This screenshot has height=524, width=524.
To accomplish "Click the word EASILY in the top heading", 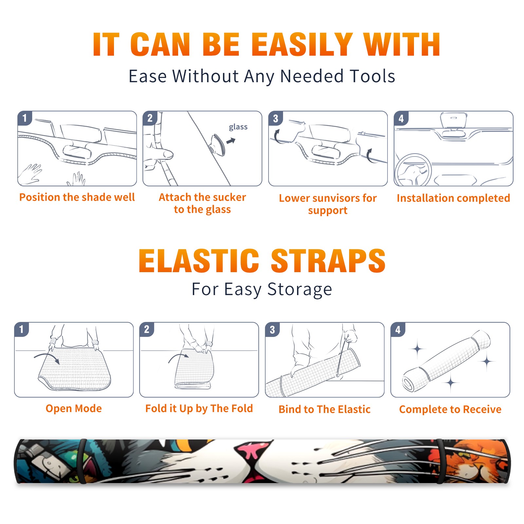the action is (301, 45).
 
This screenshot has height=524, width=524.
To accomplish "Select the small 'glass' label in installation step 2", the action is (238, 127).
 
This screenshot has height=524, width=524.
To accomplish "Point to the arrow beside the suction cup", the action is (231, 141).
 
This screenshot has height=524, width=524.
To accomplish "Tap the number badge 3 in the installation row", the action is (275, 118).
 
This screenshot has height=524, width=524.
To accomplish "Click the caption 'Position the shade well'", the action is (77, 197).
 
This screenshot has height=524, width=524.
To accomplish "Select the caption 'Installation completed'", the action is (453, 198).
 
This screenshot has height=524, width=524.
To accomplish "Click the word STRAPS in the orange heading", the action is (328, 261).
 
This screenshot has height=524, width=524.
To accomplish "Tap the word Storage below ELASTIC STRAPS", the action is (300, 290).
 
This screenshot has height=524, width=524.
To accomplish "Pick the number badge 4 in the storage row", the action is (398, 329).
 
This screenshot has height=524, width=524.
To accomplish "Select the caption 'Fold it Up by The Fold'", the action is (199, 408).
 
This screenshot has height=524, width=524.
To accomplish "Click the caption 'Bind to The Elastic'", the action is (325, 409).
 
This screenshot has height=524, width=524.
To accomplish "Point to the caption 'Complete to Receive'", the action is (450, 409).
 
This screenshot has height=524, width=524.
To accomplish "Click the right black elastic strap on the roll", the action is (441, 461).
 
